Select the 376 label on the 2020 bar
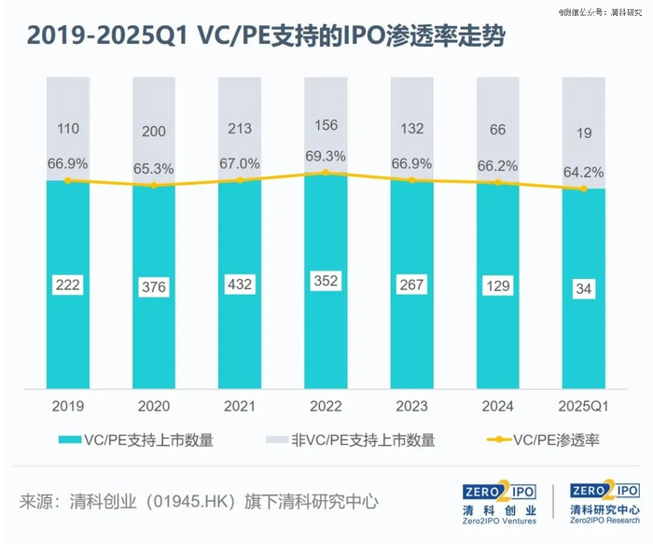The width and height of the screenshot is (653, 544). (x=153, y=287)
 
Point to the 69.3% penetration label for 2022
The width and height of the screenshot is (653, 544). (x=325, y=154)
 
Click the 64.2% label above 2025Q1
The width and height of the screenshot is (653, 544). (x=584, y=172)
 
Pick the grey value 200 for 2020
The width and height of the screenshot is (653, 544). (x=153, y=133)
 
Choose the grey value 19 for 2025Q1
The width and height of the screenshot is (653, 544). (x=584, y=133)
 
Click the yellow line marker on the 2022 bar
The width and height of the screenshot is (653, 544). (x=325, y=173)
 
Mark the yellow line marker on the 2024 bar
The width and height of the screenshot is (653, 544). (x=497, y=183)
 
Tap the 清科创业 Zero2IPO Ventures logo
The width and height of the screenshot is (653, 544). (x=500, y=502)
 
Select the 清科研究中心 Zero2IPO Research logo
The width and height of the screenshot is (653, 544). (x=605, y=502)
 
